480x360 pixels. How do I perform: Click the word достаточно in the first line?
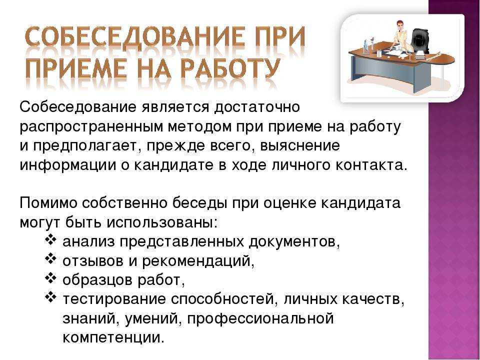point(256,107)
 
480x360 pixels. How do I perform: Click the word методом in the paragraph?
point(200,126)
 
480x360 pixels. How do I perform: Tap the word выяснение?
point(300,145)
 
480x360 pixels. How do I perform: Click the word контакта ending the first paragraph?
point(372,165)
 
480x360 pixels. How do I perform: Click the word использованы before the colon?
point(161,222)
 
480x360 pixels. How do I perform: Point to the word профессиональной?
point(260,318)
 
